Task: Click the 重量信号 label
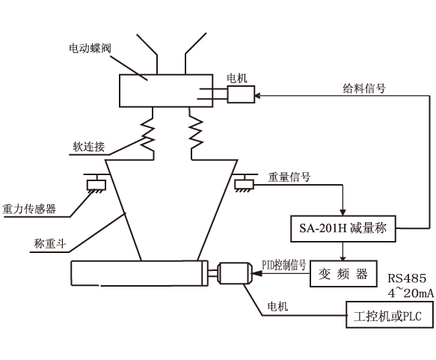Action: pyautogui.click(x=289, y=178)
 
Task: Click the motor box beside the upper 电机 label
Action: pyautogui.click(x=240, y=94)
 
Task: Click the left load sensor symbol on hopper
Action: pyautogui.click(x=96, y=183)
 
